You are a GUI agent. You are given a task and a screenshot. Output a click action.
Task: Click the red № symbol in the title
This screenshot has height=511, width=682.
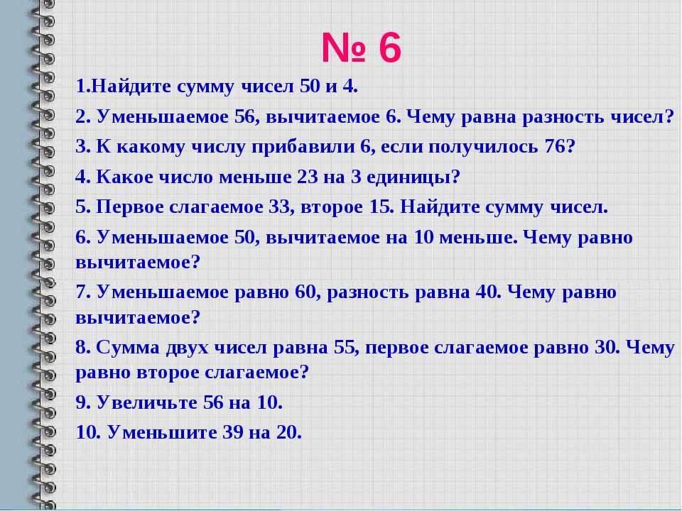[x=343, y=48]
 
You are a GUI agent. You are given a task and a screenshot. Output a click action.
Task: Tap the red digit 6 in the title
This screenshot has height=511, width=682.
[x=390, y=48]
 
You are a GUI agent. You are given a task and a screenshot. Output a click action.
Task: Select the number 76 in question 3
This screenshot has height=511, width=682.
[x=555, y=147]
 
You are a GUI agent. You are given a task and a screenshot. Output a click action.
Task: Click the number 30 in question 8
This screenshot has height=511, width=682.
[x=603, y=348]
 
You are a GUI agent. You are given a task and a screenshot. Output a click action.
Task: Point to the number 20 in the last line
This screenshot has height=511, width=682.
[x=287, y=432]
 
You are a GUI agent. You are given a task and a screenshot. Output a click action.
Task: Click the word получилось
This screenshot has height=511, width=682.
[x=483, y=148]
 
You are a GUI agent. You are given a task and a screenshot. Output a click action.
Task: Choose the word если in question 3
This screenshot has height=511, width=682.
[x=401, y=148]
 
